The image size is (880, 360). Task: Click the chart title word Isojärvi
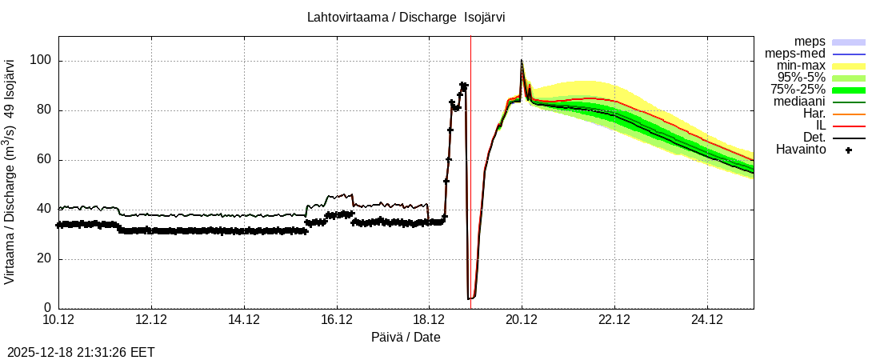tap(485, 17)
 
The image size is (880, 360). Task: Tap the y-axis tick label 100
tap(42, 61)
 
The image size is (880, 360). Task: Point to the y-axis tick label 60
tap(45, 160)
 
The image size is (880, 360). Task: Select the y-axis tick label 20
tap(45, 258)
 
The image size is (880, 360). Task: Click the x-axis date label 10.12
tap(58, 320)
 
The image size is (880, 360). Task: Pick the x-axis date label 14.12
tap(244, 320)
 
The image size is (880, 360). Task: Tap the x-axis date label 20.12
tap(522, 320)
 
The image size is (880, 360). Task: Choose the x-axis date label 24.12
tap(707, 320)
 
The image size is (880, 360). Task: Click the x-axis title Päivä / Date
tap(406, 337)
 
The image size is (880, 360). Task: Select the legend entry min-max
tap(800, 66)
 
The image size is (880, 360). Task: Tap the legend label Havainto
tap(801, 150)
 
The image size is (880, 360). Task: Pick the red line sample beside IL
tap(849, 126)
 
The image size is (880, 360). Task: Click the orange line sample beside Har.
tap(849, 114)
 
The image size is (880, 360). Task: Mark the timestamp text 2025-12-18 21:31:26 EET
tap(81, 352)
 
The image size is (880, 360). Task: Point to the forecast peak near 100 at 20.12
tap(522, 61)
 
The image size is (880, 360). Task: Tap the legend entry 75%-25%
tap(798, 90)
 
